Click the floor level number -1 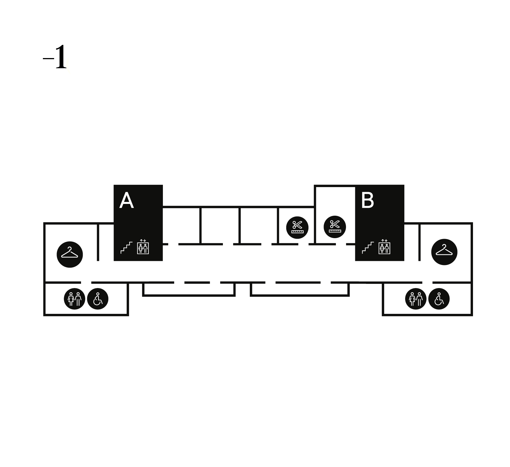tap(56, 57)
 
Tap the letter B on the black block tap(367, 201)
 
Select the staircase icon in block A tap(126, 247)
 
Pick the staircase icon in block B tap(368, 247)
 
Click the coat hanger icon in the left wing tap(70, 254)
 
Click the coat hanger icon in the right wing tap(444, 252)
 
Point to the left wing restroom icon tap(75, 299)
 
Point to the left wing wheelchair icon tap(98, 299)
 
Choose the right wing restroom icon tap(416, 299)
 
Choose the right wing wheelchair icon tap(439, 299)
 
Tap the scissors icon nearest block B tap(335, 227)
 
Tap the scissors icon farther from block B tap(297, 227)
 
